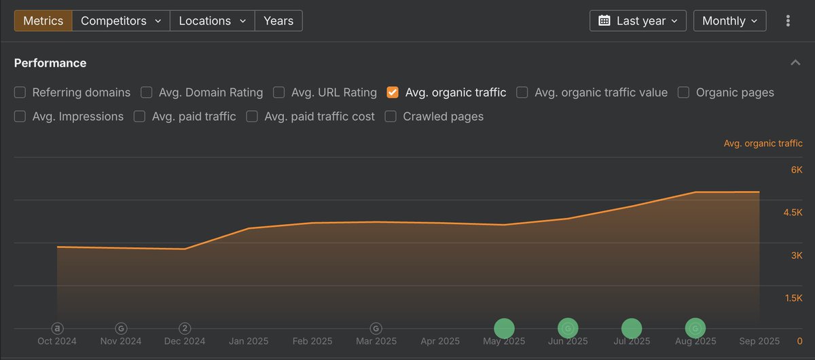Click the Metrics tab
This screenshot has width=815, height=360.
click(43, 21)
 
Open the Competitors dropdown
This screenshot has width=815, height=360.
click(121, 21)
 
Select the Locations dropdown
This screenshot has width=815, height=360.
click(212, 21)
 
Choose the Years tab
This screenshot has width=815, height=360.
click(278, 21)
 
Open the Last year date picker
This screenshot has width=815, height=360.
click(638, 21)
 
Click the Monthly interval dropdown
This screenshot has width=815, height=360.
click(729, 21)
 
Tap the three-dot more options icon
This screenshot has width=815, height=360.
click(788, 21)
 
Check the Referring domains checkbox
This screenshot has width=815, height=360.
click(20, 92)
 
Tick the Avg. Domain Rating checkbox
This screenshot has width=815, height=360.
click(147, 92)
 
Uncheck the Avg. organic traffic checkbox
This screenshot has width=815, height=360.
click(393, 92)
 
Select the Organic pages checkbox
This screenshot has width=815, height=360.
click(684, 92)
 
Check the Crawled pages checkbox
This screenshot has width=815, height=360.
click(391, 117)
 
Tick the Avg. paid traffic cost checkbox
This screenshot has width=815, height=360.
click(252, 117)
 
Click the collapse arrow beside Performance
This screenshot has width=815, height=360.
click(795, 63)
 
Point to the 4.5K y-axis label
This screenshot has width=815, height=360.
click(793, 213)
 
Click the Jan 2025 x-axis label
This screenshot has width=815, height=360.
click(248, 341)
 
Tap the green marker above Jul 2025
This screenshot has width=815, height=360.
click(632, 328)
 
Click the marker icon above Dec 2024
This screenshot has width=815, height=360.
click(185, 329)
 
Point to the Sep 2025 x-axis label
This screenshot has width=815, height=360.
click(759, 341)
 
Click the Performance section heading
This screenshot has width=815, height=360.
click(50, 63)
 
